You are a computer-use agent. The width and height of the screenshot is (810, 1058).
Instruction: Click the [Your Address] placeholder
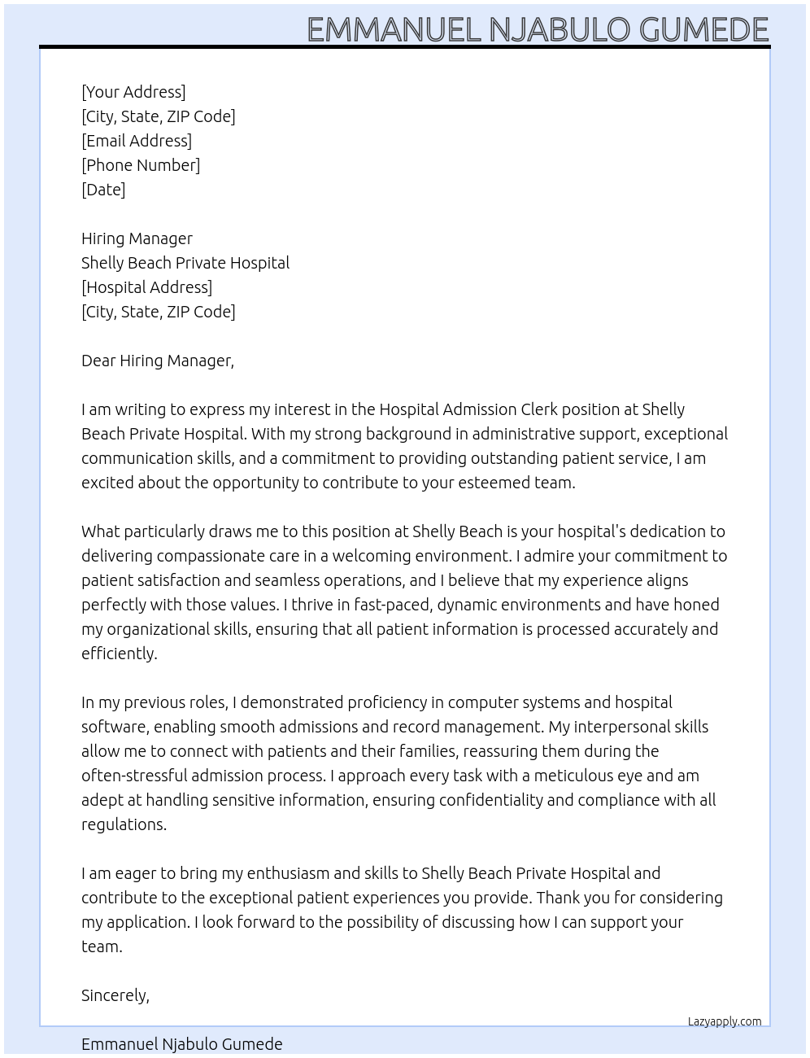(x=133, y=92)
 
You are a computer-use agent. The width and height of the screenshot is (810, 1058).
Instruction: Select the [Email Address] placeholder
(x=137, y=141)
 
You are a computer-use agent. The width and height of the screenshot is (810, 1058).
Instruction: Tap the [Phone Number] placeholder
(x=141, y=165)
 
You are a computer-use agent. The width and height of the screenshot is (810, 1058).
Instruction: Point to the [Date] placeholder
(x=103, y=190)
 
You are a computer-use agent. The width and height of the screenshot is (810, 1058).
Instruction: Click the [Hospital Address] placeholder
(x=146, y=287)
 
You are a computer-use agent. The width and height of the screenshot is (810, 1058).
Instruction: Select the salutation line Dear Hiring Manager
(x=158, y=361)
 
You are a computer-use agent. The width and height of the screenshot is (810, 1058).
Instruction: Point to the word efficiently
(x=119, y=654)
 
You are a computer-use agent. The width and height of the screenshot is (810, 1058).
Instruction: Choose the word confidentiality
(x=491, y=800)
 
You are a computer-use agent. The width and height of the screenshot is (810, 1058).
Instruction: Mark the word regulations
(x=124, y=824)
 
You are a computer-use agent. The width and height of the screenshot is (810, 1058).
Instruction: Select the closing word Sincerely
(x=115, y=995)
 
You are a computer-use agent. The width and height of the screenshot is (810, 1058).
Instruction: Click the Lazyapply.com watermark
(x=725, y=1021)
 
